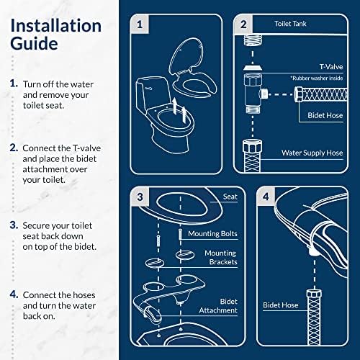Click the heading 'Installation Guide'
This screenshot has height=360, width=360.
click(x=55, y=34)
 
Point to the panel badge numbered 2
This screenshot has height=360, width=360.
click(x=243, y=24)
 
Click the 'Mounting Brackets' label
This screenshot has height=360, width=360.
click(x=220, y=258)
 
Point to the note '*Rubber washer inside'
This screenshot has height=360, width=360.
click(x=316, y=76)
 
